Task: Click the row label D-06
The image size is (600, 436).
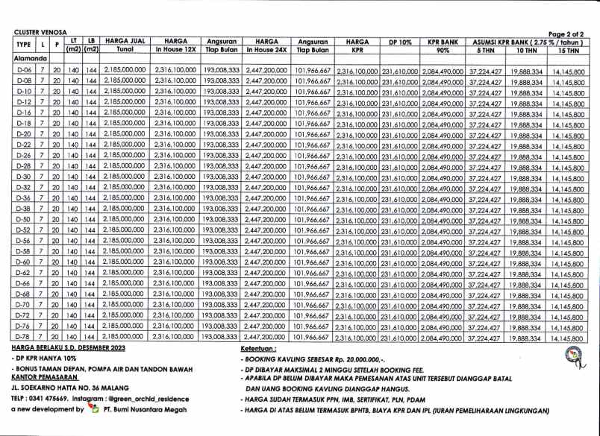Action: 23,69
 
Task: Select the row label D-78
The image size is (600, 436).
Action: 23,338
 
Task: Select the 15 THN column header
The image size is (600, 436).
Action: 569,50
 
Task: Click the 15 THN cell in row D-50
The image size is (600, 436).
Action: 569,221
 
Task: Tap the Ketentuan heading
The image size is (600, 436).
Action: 260,349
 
